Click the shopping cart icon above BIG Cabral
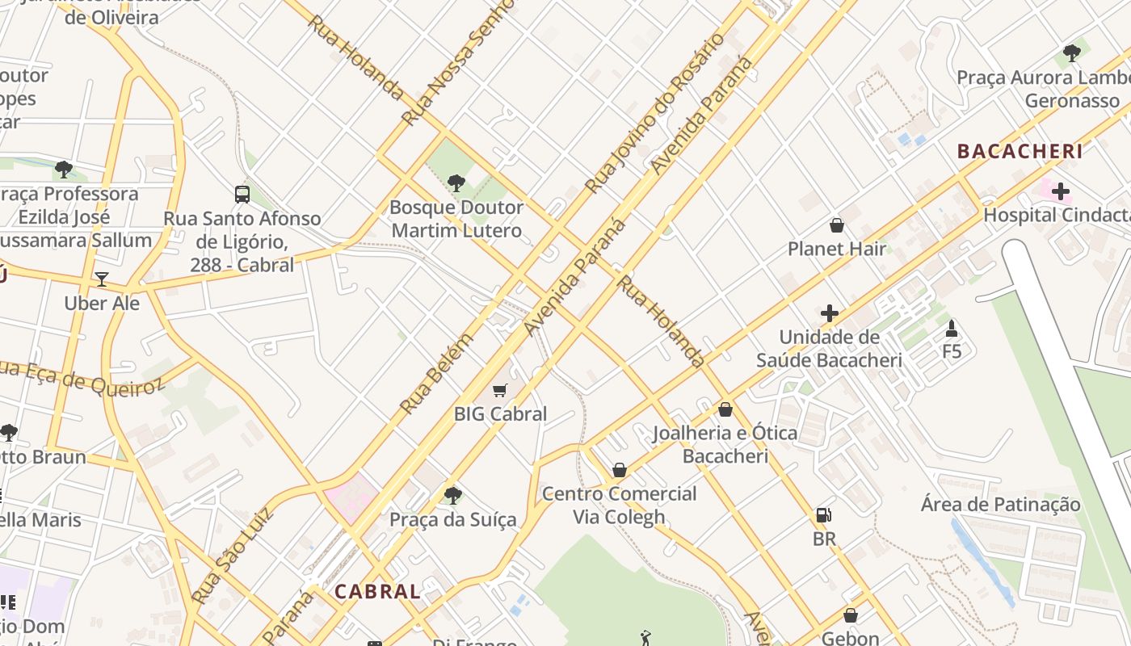pyautogui.click(x=500, y=391)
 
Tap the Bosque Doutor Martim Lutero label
pyautogui.click(x=456, y=219)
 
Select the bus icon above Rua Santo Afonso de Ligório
pyautogui.click(x=242, y=194)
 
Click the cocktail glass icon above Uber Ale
pyautogui.click(x=102, y=279)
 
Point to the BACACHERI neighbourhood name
pyautogui.click(x=1020, y=151)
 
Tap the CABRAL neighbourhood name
pyautogui.click(x=377, y=591)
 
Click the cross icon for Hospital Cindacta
pyautogui.click(x=1060, y=191)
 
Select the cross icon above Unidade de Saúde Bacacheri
pyautogui.click(x=829, y=313)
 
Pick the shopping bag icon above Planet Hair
pyautogui.click(x=837, y=225)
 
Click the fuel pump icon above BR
pyautogui.click(x=823, y=514)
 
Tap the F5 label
pyautogui.click(x=952, y=351)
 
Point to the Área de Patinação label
pyautogui.click(x=1000, y=505)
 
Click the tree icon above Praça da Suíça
pyautogui.click(x=452, y=495)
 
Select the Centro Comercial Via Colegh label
pyautogui.click(x=619, y=505)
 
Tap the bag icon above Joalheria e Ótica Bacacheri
pyautogui.click(x=725, y=409)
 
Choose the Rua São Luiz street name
pyautogui.click(x=233, y=556)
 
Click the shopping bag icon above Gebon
pyautogui.click(x=850, y=615)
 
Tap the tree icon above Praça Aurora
pyautogui.click(x=1072, y=54)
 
